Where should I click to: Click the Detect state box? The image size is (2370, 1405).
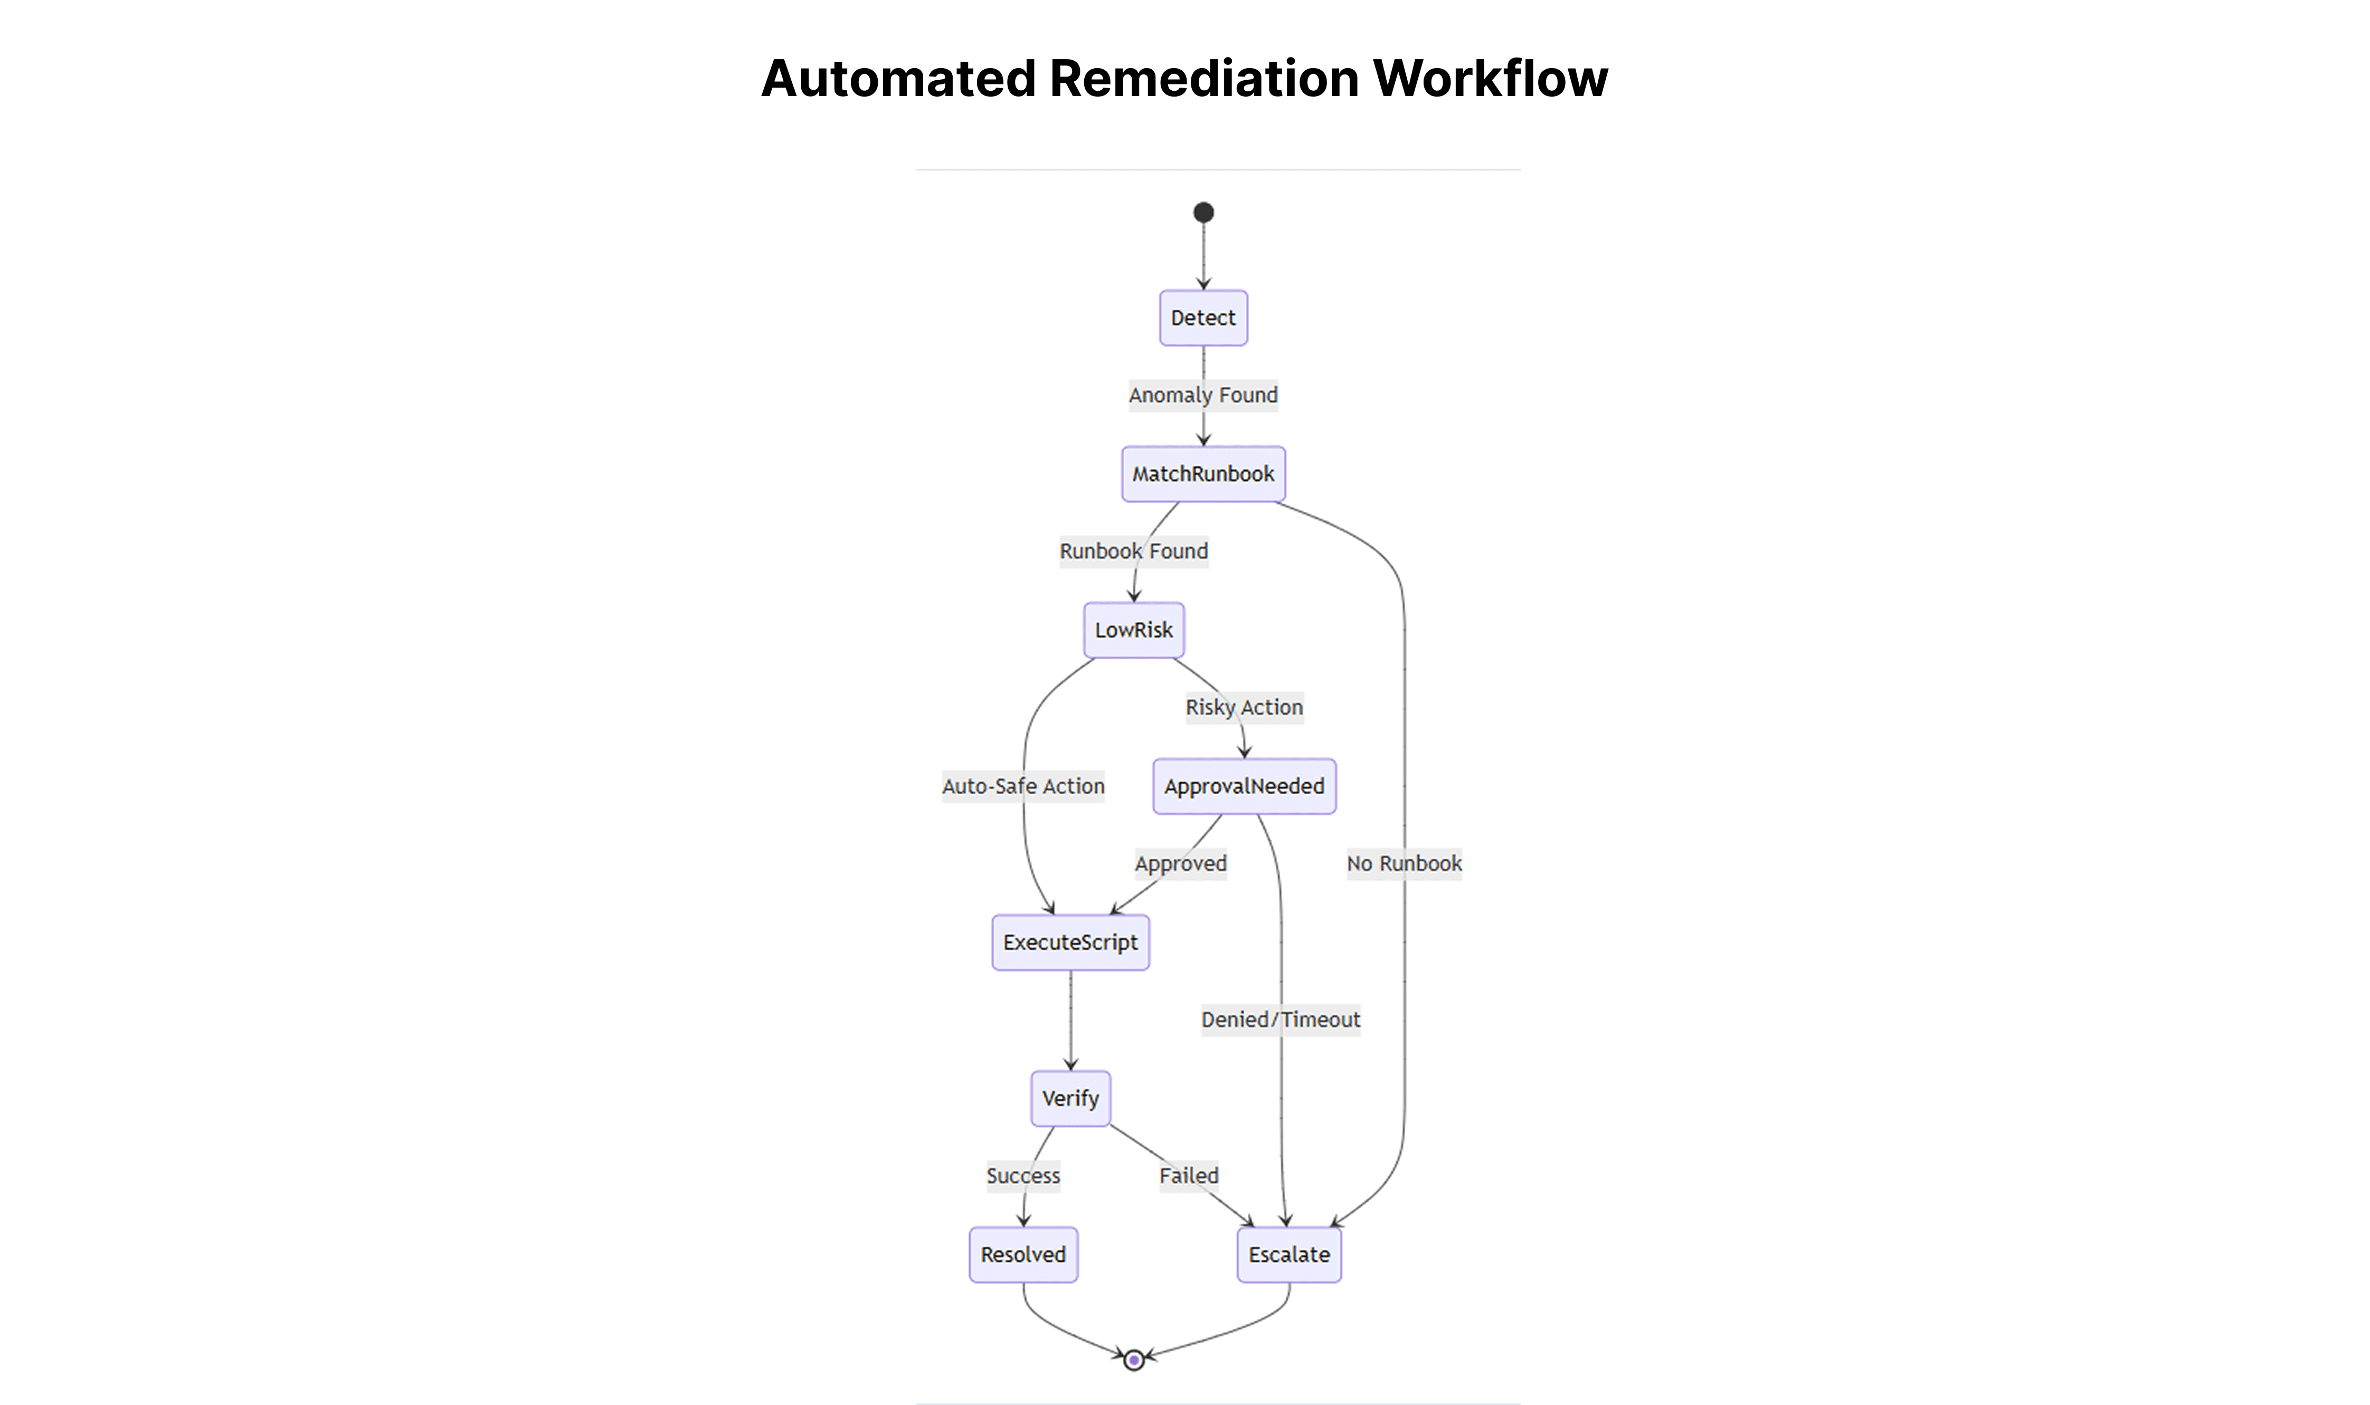coord(1203,318)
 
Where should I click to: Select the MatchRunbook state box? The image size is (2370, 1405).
coord(1203,474)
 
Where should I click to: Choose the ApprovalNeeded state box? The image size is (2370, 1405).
coord(1244,787)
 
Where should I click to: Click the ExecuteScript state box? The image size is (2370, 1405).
coord(1071,943)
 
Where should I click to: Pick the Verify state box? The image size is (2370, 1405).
coord(1071,1099)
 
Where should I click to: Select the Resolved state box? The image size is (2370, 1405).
coord(1023,1256)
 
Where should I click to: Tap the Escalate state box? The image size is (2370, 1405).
coord(1290,1256)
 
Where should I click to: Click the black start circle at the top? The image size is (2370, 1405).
coord(1203,212)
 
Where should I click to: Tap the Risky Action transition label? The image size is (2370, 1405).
coord(1244,707)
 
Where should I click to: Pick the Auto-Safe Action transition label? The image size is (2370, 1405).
coord(1023,787)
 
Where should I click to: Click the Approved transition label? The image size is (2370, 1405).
coord(1181,865)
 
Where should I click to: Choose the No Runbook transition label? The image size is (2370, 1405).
coord(1404,865)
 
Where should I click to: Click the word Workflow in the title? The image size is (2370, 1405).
coord(1491,78)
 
